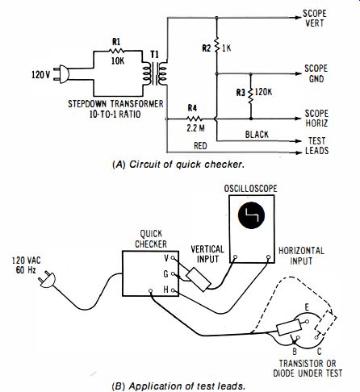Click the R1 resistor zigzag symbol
click(116, 51)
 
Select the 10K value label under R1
click(118, 61)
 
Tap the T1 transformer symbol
click(155, 73)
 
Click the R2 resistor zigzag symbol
click(216, 45)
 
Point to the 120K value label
click(263, 92)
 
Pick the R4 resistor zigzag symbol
click(195, 119)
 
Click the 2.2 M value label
click(195, 128)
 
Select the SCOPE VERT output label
click(314, 19)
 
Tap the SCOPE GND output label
click(316, 73)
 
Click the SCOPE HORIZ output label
click(316, 119)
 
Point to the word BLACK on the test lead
click(257, 135)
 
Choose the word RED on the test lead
click(200, 146)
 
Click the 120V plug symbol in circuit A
click(61, 73)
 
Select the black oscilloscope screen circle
click(251, 215)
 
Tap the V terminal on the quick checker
click(173, 258)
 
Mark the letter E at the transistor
click(307, 307)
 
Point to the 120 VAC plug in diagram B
click(47, 279)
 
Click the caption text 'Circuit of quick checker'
click(186, 165)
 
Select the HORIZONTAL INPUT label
click(301, 256)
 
